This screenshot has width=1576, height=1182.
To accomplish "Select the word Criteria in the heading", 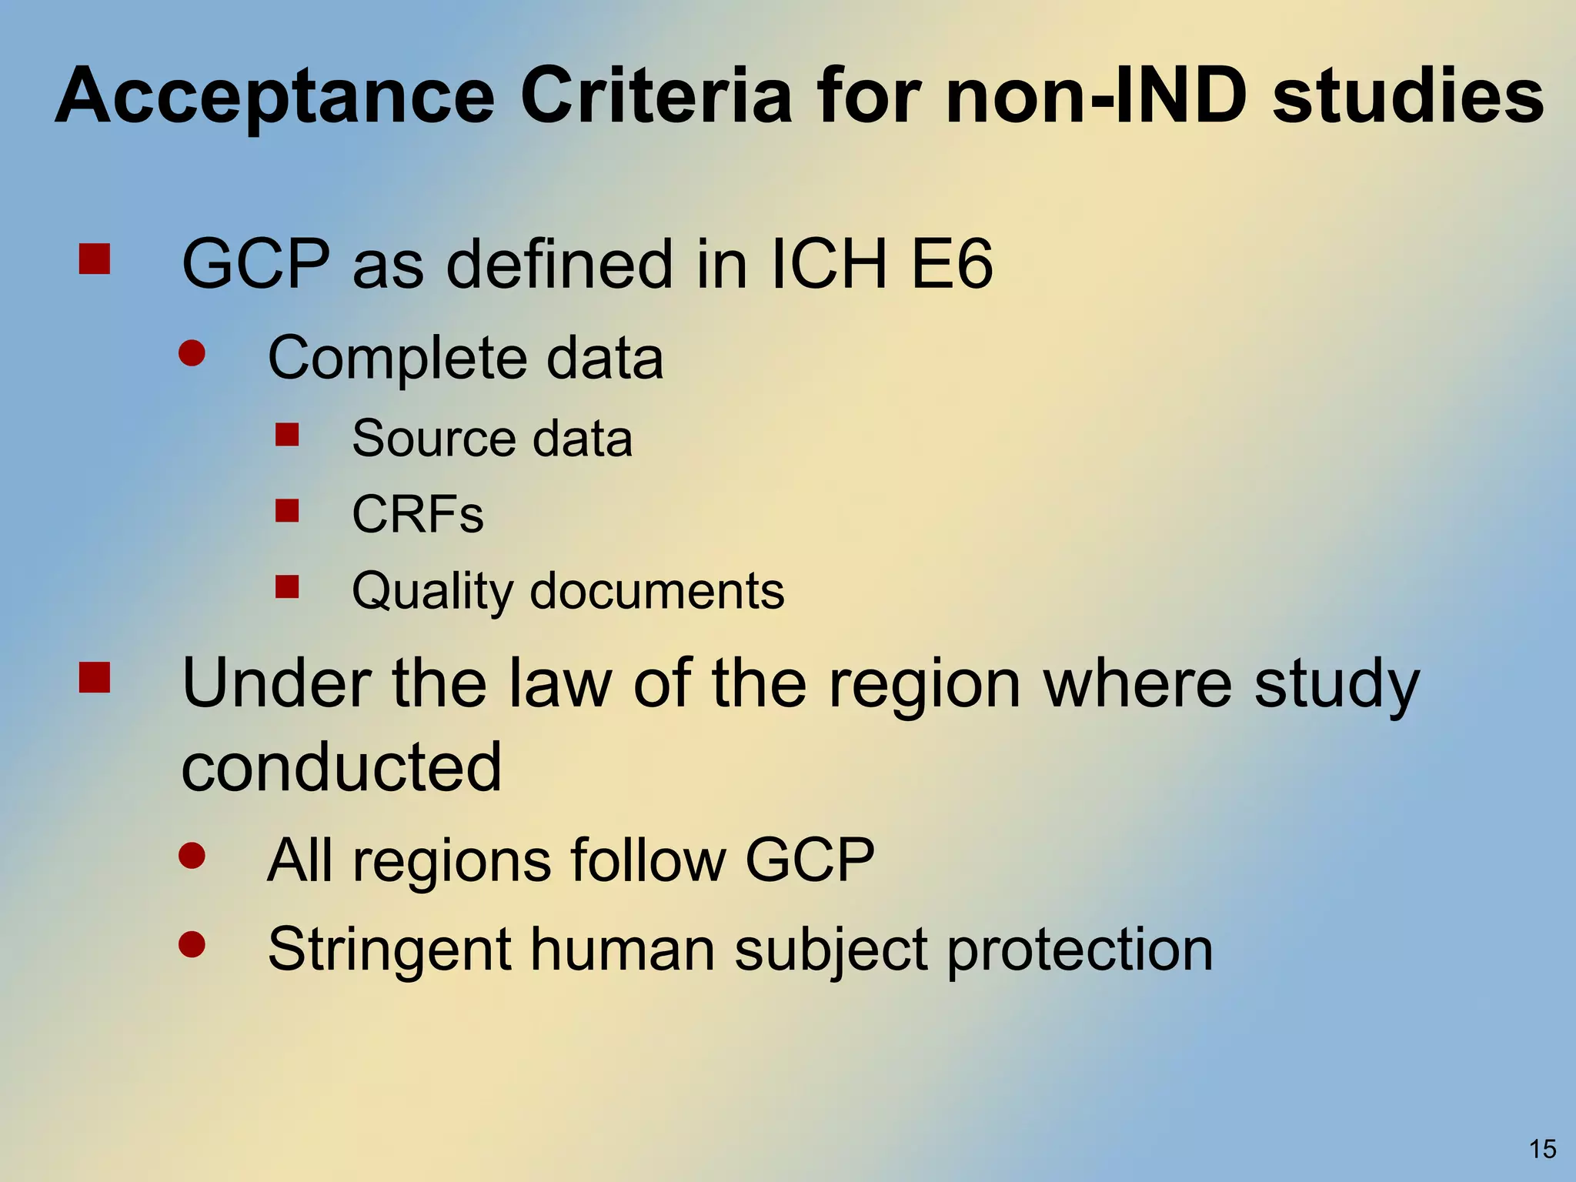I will tap(656, 96).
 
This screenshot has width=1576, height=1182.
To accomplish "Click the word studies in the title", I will tap(1407, 96).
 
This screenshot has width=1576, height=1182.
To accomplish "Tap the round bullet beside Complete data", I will tap(192, 353).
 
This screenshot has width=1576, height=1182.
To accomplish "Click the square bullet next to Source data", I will tap(287, 435).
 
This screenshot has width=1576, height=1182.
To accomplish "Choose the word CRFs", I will tap(418, 514).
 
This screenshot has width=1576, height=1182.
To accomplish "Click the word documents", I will tap(657, 591).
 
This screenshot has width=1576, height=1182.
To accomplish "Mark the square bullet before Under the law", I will tap(95, 678).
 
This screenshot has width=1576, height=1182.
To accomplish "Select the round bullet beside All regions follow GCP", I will tap(192, 855).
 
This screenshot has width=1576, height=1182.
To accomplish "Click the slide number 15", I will tap(1542, 1149).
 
